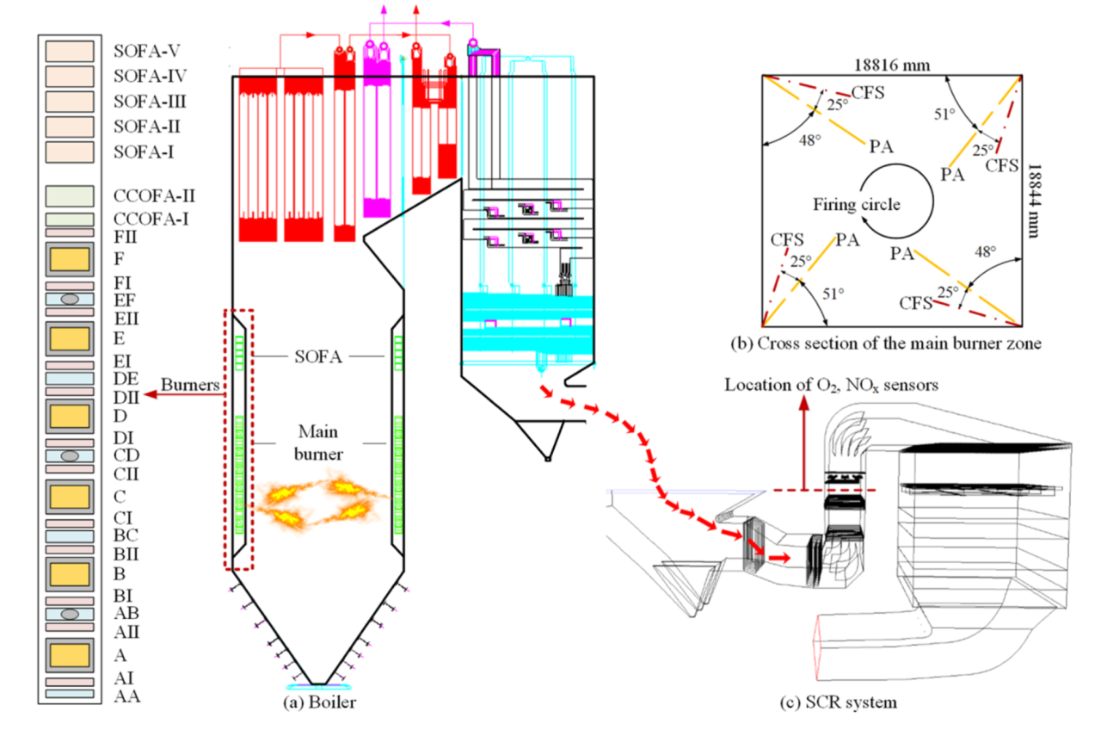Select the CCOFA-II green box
coord(70,195)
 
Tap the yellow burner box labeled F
coord(70,257)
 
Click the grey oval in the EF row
coord(70,299)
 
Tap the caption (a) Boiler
coord(319,702)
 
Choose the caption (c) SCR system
coord(846,702)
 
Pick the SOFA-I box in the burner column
coord(70,152)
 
